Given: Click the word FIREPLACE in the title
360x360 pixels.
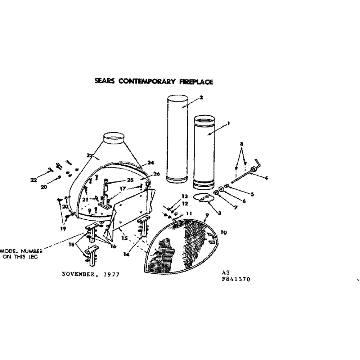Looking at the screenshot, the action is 196,82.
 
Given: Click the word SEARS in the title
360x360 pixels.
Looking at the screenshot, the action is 104,81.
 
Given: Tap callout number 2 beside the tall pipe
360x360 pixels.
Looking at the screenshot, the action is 201,98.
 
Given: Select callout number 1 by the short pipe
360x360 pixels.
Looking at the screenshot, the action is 229,123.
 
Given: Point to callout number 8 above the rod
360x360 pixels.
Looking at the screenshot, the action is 242,144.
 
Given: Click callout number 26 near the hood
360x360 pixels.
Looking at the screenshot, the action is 157,174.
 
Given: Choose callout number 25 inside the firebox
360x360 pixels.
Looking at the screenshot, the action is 130,180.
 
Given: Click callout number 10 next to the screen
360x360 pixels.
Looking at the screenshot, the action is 224,232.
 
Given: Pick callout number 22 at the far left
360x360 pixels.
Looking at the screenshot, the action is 34,180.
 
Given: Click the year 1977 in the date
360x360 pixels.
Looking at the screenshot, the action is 112,275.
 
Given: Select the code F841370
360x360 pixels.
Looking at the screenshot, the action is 236,279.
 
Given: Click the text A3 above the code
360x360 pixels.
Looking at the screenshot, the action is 225,273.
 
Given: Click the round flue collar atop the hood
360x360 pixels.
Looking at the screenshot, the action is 114,139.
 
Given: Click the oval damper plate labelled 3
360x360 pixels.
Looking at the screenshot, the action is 202,198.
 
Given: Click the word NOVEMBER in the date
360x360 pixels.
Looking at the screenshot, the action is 78,274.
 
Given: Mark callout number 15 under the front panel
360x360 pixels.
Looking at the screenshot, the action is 125,238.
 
